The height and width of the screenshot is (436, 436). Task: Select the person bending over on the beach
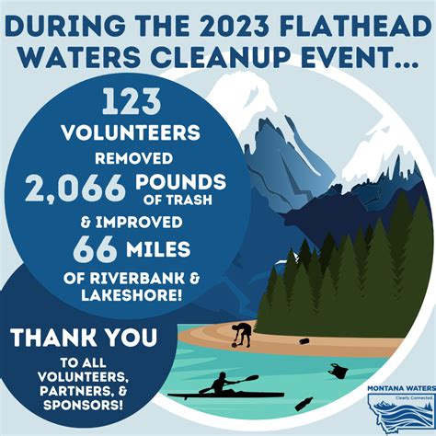pos(242,334)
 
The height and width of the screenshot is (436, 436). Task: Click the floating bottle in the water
pos(304,403)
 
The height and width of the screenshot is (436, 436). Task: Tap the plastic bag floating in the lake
pos(338,371)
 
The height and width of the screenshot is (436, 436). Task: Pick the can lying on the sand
pos(304,340)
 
